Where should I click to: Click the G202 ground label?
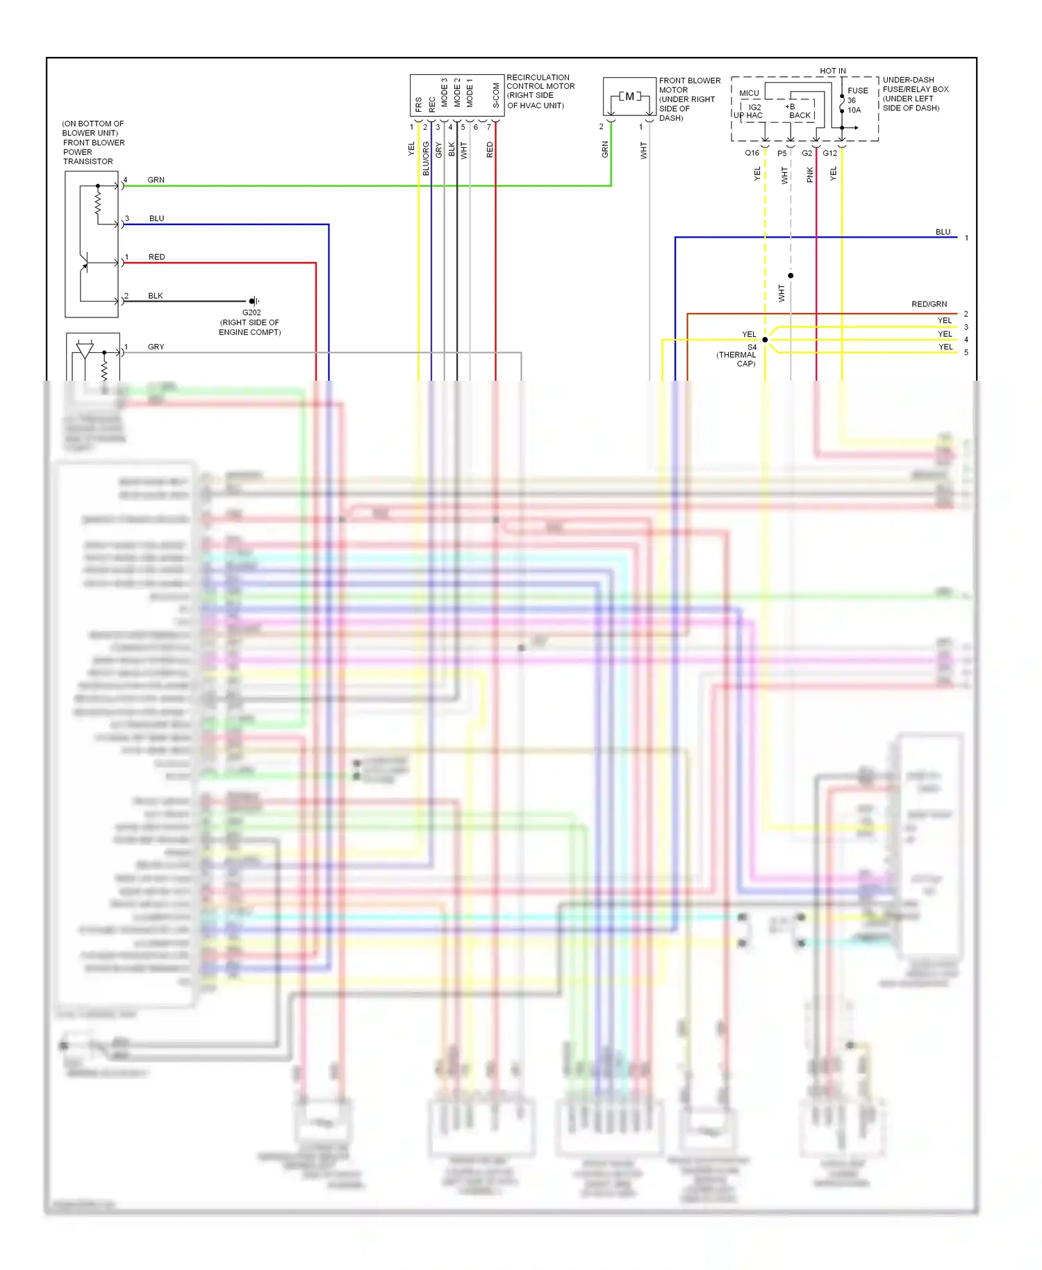pyautogui.click(x=251, y=313)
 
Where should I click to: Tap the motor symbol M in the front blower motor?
pyautogui.click(x=629, y=97)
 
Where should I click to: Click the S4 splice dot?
pyautogui.click(x=765, y=340)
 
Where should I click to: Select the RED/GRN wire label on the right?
pyautogui.click(x=929, y=304)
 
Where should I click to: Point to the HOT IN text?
pyautogui.click(x=832, y=71)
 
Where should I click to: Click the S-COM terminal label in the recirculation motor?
pyautogui.click(x=496, y=95)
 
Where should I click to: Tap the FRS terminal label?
pyautogui.click(x=418, y=104)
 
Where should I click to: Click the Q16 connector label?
pyautogui.click(x=752, y=153)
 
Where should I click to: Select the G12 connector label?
pyautogui.click(x=829, y=153)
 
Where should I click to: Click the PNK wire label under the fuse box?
pyautogui.click(x=810, y=174)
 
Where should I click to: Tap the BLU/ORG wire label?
pyautogui.click(x=426, y=158)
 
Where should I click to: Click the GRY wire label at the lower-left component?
pyautogui.click(x=156, y=347)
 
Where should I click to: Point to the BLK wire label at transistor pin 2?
pyautogui.click(x=156, y=296)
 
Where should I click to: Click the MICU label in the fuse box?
pyautogui.click(x=749, y=93)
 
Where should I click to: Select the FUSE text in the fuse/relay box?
pyautogui.click(x=857, y=90)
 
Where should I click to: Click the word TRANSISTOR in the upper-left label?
pyautogui.click(x=88, y=161)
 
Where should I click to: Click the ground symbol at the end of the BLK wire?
pyautogui.click(x=254, y=301)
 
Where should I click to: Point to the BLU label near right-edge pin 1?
pyautogui.click(x=943, y=232)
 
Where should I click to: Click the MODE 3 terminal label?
pyautogui.click(x=445, y=92)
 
